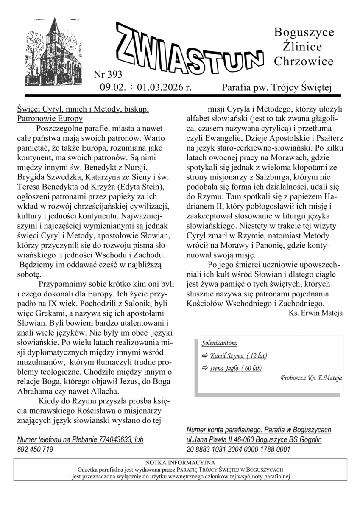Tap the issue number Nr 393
(x=107, y=76)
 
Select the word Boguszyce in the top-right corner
(x=304, y=32)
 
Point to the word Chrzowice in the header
(x=304, y=62)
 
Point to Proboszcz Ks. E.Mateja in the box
(x=311, y=377)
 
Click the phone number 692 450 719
(x=35, y=450)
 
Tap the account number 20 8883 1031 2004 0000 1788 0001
(x=238, y=450)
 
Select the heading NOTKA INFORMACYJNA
(x=180, y=462)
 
